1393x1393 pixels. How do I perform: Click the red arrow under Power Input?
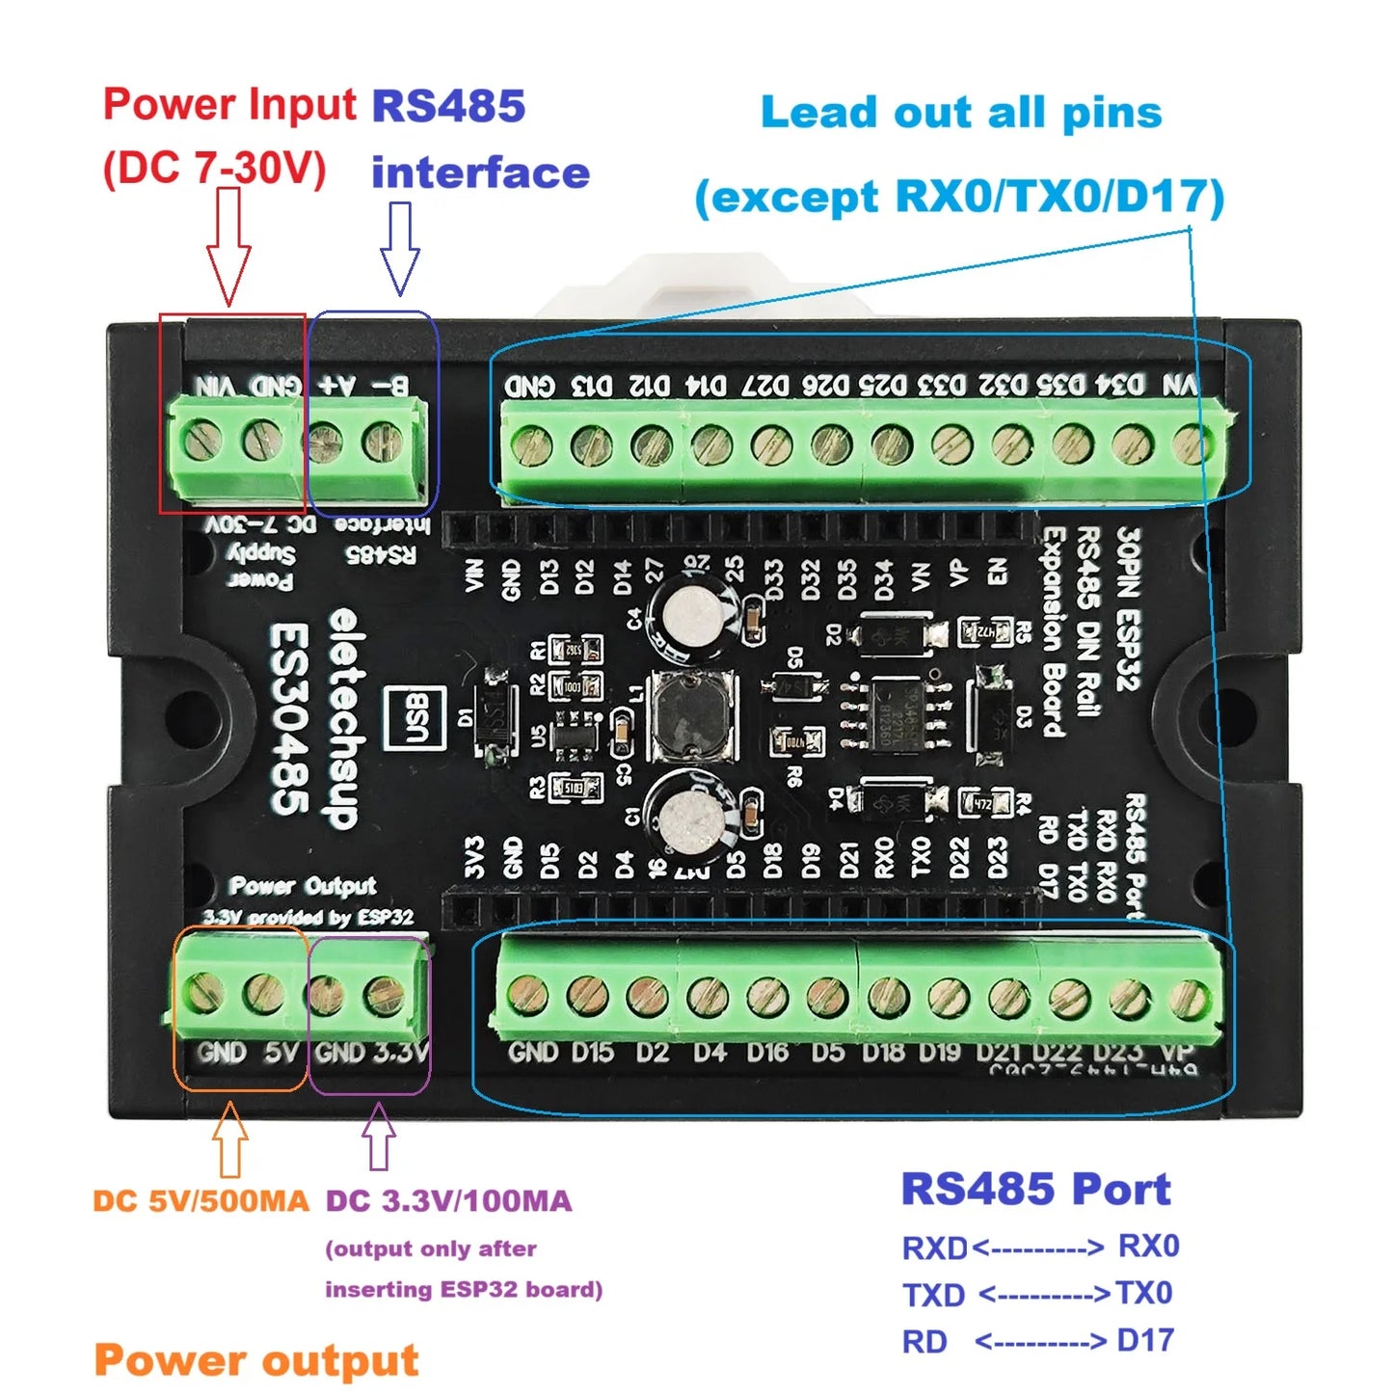click(228, 247)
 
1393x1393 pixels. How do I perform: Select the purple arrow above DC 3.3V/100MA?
click(379, 1137)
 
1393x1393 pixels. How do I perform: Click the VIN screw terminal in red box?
click(203, 441)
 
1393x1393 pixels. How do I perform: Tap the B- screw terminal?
click(383, 442)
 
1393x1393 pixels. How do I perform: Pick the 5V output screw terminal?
click(263, 993)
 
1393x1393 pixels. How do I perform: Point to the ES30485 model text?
click(289, 719)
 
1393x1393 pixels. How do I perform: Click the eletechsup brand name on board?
click(342, 719)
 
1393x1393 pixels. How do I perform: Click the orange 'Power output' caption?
click(256, 1360)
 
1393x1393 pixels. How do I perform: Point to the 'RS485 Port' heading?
click(1035, 1189)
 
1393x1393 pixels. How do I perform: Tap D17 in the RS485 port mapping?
click(1145, 1340)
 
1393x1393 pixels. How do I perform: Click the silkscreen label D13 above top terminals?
click(591, 387)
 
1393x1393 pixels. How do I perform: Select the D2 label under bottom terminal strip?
click(652, 1052)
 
